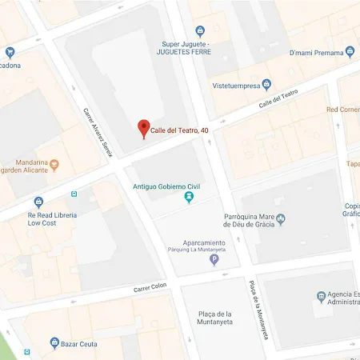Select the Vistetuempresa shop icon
[267, 85]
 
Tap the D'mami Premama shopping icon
[350, 52]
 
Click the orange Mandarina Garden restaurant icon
[54, 166]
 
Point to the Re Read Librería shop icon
[38, 202]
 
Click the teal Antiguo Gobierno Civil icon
[189, 197]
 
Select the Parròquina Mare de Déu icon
[280, 219]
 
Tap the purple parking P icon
[214, 258]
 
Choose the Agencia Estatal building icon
[321, 297]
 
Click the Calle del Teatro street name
[278, 99]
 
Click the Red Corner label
[343, 109]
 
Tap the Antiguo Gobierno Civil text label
[166, 187]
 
